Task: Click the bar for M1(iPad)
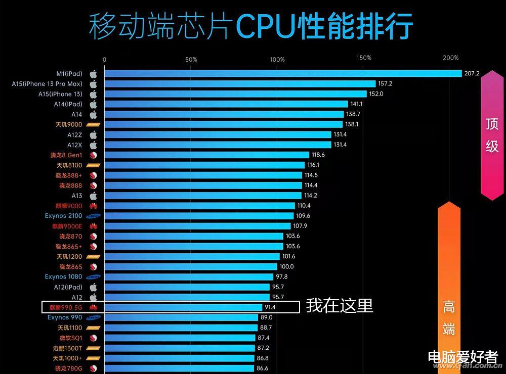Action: tap(283, 74)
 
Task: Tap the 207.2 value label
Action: tap(472, 74)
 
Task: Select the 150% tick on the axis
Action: tap(363, 58)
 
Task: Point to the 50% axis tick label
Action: tap(191, 60)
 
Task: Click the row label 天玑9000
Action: tap(69, 124)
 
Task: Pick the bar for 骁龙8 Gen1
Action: tap(206, 155)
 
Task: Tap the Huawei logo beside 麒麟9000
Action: tap(93, 206)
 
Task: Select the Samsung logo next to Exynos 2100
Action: tap(93, 216)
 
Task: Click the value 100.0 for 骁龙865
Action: tap(286, 267)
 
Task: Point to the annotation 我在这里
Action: tap(340, 306)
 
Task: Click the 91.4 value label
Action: tap(270, 307)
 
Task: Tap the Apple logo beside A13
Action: tap(93, 196)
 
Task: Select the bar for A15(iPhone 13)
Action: tap(235, 94)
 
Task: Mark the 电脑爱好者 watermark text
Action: tap(463, 356)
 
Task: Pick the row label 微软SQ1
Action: tap(70, 338)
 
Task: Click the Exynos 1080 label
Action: tap(63, 277)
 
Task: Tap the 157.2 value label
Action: tap(386, 84)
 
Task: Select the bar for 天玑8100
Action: tap(204, 165)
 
